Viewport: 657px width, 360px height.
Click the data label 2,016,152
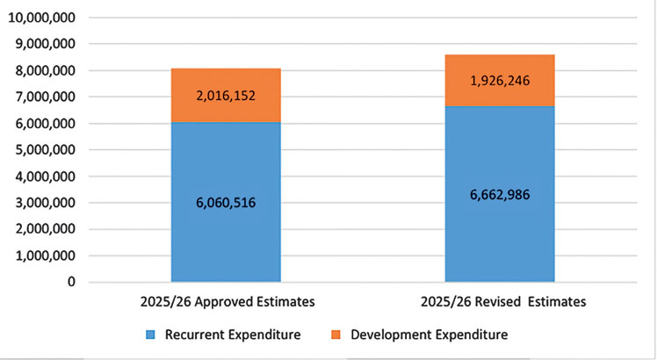pyautogui.click(x=225, y=97)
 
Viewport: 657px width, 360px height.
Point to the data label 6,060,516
pyautogui.click(x=225, y=203)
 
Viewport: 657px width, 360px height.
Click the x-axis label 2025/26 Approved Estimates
pyautogui.click(x=225, y=301)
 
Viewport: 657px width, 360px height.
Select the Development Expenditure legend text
pyautogui.click(x=429, y=335)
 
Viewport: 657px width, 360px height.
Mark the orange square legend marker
pyautogui.click(x=336, y=335)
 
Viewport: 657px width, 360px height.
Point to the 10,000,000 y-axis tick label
pyautogui.click(x=41, y=18)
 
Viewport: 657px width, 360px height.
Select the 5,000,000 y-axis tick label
pyautogui.click(x=45, y=150)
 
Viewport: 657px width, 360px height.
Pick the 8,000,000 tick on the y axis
pyautogui.click(x=45, y=70)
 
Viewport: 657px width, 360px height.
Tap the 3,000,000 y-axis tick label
pyautogui.click(x=45, y=203)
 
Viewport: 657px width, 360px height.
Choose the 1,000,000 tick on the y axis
pyautogui.click(x=45, y=256)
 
